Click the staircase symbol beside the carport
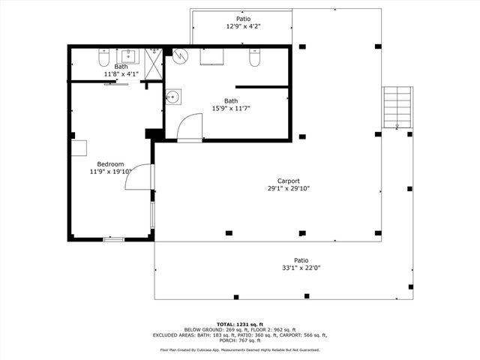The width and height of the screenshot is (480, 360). point(397,106)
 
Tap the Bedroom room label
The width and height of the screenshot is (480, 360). point(110,163)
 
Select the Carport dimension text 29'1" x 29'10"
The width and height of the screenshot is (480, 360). point(289,189)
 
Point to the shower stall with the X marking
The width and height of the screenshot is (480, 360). point(154,63)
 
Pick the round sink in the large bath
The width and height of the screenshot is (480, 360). point(173,96)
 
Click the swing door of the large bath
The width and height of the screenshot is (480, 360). point(190,126)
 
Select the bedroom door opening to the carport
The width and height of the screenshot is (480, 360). point(147,177)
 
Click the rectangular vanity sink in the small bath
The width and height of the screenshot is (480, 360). point(128,55)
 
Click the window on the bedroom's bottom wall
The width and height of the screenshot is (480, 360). point(113,239)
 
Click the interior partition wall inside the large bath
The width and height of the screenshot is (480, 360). point(262,87)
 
